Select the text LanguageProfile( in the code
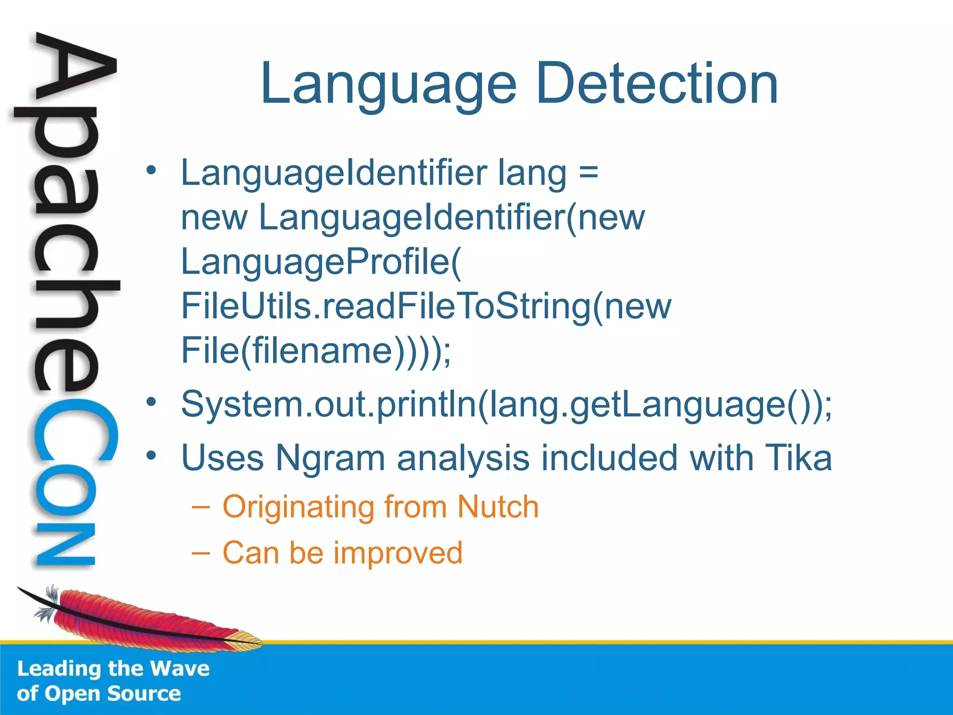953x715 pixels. [x=321, y=262]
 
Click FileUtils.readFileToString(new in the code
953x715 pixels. [x=426, y=306]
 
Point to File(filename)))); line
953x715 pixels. [x=315, y=351]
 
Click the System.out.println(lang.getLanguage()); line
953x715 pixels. [x=506, y=404]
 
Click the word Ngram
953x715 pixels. [x=330, y=458]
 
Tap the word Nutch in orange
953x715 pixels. [x=497, y=506]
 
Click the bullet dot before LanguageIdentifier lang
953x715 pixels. [x=151, y=170]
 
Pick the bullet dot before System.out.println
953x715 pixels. [x=151, y=402]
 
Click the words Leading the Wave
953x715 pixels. [x=113, y=668]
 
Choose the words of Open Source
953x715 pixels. [x=99, y=694]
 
